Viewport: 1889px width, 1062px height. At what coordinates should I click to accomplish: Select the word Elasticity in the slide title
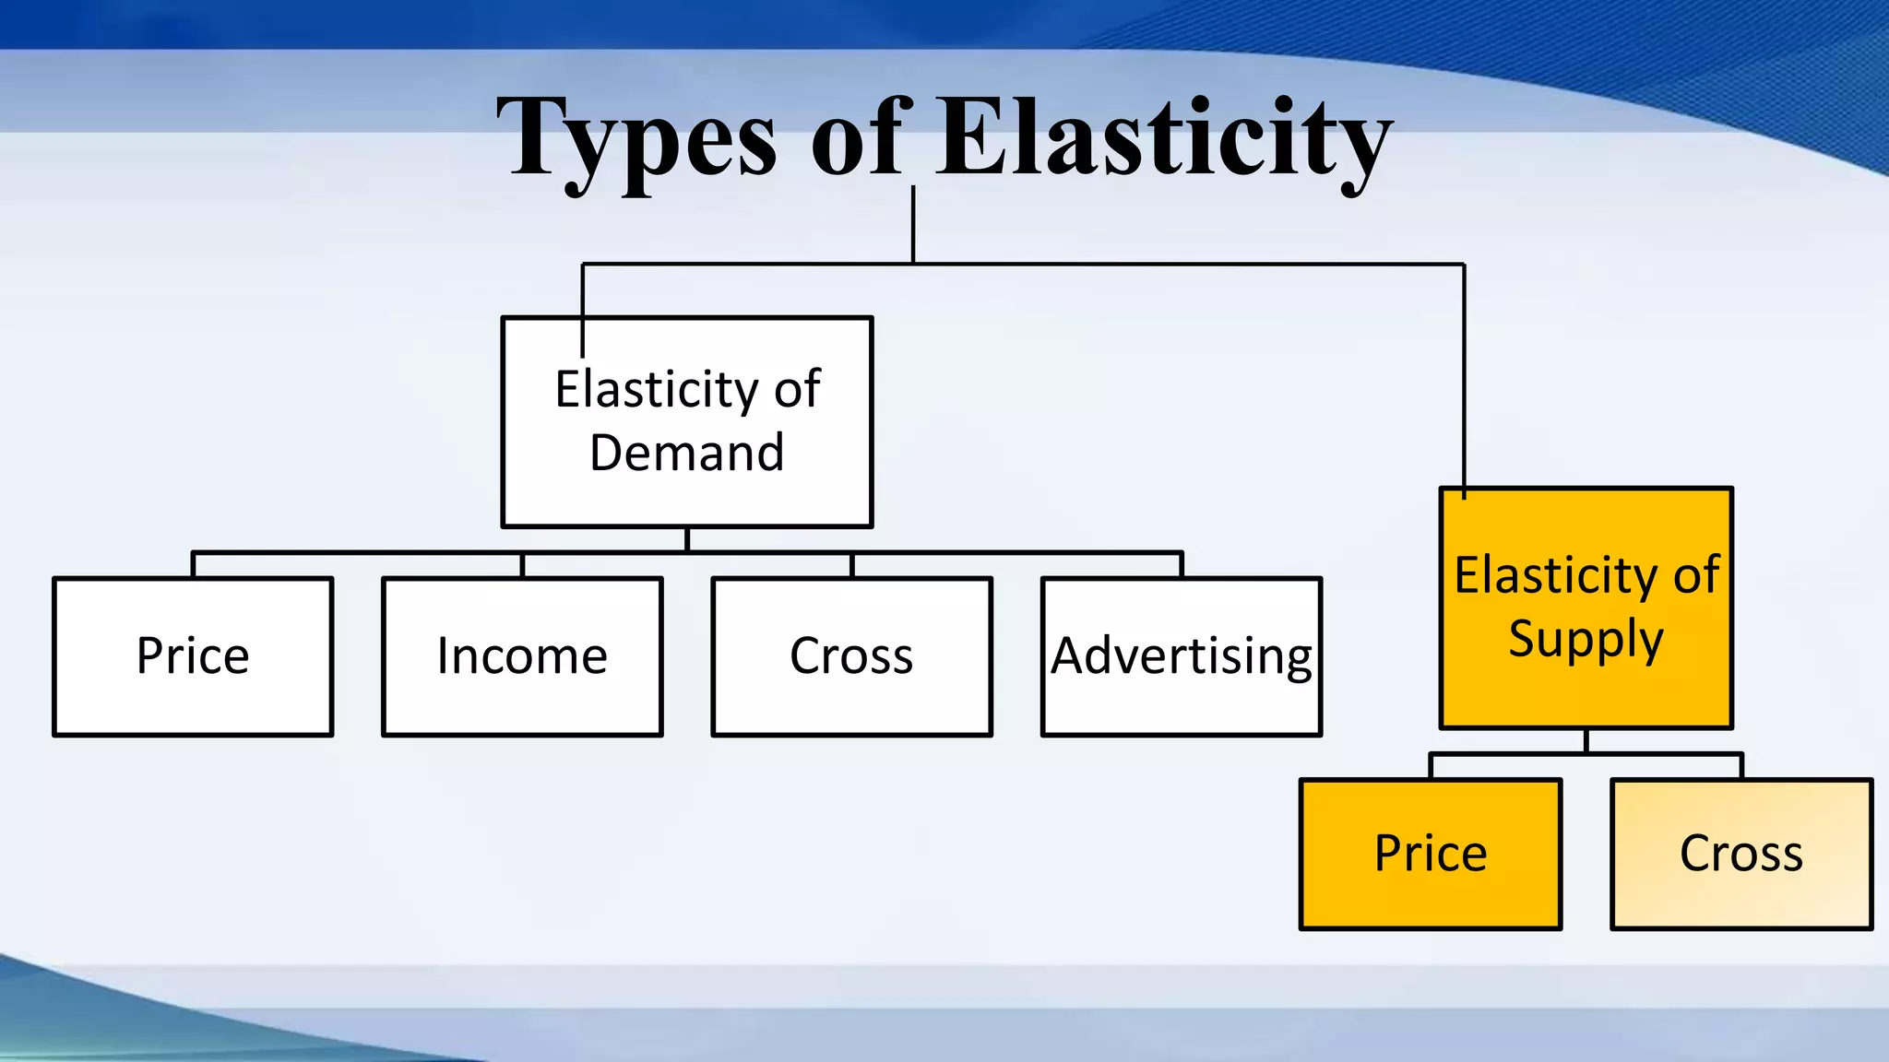click(1164, 138)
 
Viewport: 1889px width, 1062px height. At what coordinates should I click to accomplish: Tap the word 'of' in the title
click(860, 138)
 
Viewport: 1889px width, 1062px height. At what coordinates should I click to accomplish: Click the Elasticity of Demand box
click(687, 421)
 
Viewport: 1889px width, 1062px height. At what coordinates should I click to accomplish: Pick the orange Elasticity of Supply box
click(1586, 608)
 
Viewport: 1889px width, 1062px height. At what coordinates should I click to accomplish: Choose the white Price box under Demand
click(193, 656)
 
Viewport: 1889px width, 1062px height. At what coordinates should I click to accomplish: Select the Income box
click(522, 656)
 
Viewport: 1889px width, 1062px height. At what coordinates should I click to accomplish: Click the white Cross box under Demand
click(851, 656)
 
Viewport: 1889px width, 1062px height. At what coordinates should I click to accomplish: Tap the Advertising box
click(1182, 656)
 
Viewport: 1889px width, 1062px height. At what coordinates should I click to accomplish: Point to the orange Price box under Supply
click(1431, 854)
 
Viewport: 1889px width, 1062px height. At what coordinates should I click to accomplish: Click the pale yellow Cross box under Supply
click(1741, 854)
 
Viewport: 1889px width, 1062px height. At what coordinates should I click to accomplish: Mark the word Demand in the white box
click(687, 453)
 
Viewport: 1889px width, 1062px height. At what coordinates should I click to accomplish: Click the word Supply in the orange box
click(1586, 639)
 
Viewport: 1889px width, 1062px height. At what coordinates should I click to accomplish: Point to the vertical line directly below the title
click(913, 225)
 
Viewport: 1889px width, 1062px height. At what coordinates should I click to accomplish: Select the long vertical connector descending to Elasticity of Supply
click(1464, 378)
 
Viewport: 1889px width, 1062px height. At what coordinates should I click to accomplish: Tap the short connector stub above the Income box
click(522, 565)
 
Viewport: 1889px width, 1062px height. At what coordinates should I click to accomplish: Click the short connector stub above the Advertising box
click(1182, 565)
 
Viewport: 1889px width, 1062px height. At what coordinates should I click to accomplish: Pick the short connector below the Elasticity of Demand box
click(687, 539)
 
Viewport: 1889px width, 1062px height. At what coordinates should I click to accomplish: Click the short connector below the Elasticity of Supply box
click(1586, 741)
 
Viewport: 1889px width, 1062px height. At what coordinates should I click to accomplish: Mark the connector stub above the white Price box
click(193, 565)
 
